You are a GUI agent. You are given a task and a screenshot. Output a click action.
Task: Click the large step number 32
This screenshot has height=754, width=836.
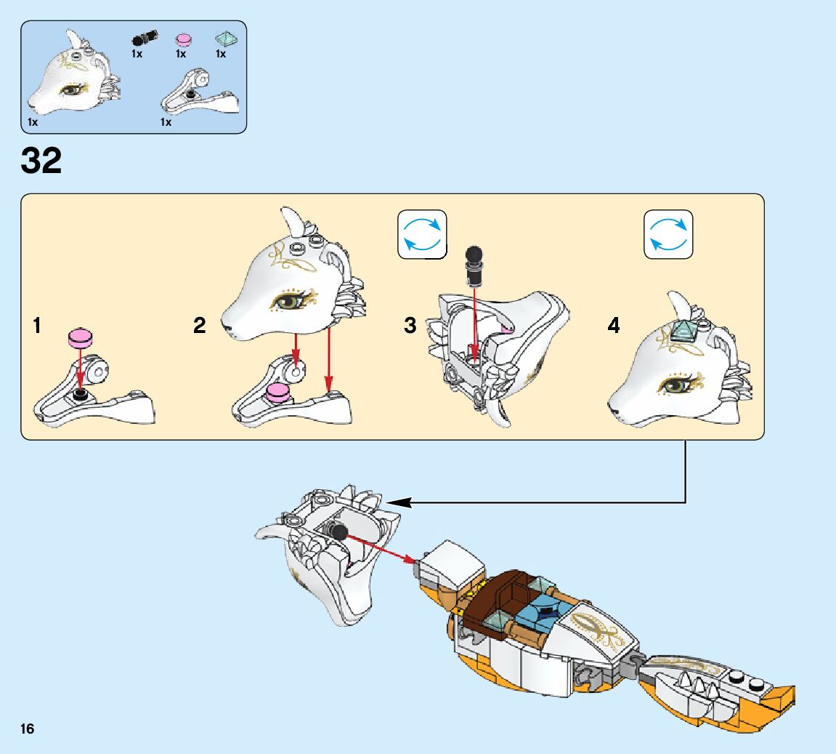41,161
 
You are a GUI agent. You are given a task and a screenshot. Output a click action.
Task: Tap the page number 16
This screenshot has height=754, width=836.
28,729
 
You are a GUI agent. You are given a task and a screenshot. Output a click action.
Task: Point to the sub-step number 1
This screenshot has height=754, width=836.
36,326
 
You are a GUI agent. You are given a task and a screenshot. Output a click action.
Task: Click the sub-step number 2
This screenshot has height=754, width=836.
200,326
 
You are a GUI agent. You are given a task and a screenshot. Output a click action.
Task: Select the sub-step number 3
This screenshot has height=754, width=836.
410,326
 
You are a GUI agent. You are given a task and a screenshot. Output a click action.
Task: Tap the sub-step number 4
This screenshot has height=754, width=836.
614,326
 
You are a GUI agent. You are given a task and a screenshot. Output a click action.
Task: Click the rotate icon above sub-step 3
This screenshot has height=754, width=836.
422,234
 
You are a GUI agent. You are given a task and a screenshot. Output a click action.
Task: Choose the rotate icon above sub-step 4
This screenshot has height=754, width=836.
668,234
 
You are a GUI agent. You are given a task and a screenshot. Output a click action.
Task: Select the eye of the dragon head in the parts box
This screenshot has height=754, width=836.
73,90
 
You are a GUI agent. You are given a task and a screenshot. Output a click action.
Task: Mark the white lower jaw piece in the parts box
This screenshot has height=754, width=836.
198,95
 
